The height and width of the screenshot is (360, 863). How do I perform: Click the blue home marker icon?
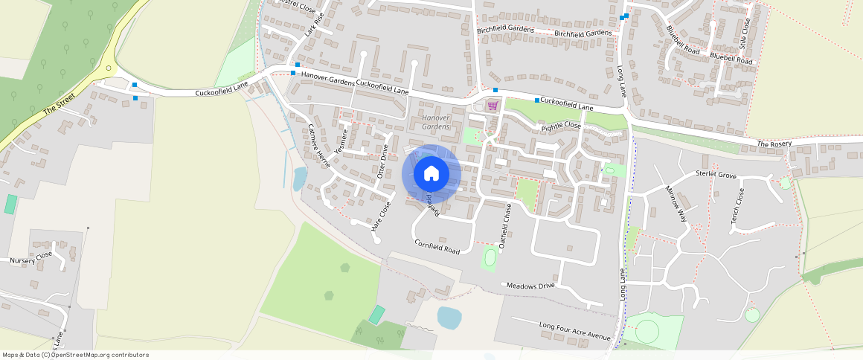[x=431, y=173]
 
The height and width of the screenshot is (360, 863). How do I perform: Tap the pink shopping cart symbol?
[x=492, y=106]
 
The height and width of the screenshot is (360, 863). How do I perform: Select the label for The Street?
[x=59, y=107]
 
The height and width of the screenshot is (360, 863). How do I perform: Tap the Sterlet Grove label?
[x=716, y=175]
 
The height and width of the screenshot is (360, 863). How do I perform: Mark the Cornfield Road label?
[x=437, y=245]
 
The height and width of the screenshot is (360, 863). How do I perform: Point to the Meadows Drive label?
[x=530, y=286]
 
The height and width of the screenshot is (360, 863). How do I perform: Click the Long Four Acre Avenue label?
[x=574, y=330]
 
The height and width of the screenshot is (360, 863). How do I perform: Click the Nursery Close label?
[x=31, y=258]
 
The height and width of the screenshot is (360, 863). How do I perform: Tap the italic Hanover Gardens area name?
[x=436, y=123]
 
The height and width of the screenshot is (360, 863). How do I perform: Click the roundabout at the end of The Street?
[x=109, y=68]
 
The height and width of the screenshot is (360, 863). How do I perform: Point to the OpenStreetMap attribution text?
[x=75, y=355]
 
